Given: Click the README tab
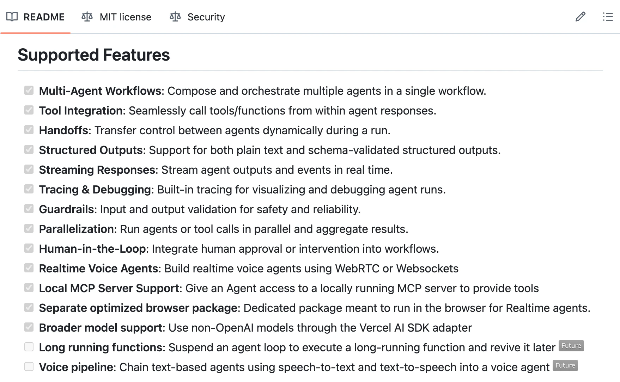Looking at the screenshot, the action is pos(35,17).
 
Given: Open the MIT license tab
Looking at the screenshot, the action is pos(116,17).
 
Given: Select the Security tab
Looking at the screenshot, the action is pos(197,17).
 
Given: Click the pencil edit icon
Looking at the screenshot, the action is pos(580,17).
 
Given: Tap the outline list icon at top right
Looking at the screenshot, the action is pos(608,17).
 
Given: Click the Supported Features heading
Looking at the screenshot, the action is pos(94,55).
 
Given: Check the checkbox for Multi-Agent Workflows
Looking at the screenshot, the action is pos(29,90).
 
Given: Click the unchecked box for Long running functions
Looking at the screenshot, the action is pos(29,347).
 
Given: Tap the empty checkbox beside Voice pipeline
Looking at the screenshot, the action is pos(29,366).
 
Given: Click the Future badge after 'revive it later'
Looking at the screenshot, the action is pos(571,346).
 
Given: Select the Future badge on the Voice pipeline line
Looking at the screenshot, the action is pos(565,365).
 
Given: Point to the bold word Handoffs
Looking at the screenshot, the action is pos(63,130).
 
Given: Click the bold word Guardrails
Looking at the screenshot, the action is pos(66,209).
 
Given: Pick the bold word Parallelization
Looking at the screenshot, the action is pos(76,229).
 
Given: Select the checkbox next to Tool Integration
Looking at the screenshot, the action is pos(29,110).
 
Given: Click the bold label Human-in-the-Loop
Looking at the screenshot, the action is pos(92,249).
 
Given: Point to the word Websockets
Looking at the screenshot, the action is pos(427,269).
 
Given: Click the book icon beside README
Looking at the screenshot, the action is pos(12,17).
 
